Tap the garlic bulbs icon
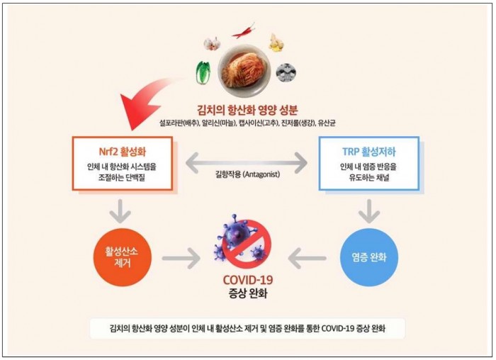tap(212, 43)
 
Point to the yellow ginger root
tap(276, 43)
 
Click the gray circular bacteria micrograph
tap(286, 72)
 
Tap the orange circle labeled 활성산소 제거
tap(122, 257)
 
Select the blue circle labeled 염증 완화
tap(369, 257)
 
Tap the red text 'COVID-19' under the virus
tap(247, 280)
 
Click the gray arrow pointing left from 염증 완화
tap(307, 259)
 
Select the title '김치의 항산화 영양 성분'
tap(247, 110)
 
